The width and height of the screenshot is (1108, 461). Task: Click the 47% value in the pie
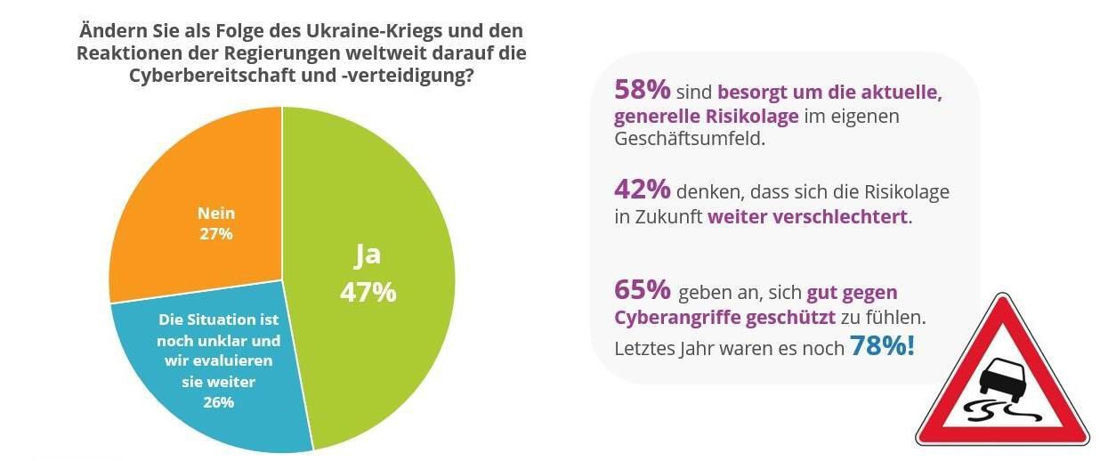click(368, 292)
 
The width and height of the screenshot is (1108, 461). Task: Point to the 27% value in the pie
click(216, 234)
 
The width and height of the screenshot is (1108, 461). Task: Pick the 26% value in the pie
click(218, 402)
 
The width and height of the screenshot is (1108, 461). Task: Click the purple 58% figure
click(642, 90)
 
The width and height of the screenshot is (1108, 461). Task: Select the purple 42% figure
click(642, 190)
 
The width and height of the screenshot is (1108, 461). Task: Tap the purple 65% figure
click(642, 291)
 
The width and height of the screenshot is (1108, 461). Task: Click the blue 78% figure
click(882, 346)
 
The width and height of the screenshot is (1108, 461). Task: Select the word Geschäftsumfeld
click(689, 140)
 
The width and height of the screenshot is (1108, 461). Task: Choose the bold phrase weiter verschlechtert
click(807, 216)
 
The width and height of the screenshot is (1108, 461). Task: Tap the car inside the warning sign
click(1005, 378)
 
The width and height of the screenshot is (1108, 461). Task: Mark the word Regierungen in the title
click(260, 53)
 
